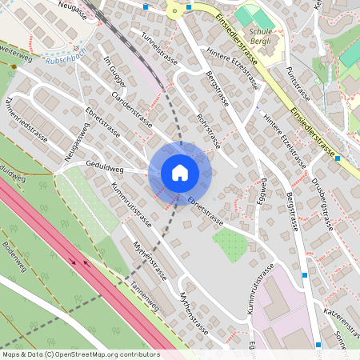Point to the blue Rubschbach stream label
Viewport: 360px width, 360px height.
tap(65, 58)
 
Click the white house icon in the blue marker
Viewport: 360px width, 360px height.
tap(180, 173)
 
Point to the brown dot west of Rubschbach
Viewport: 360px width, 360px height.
tap(13, 68)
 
